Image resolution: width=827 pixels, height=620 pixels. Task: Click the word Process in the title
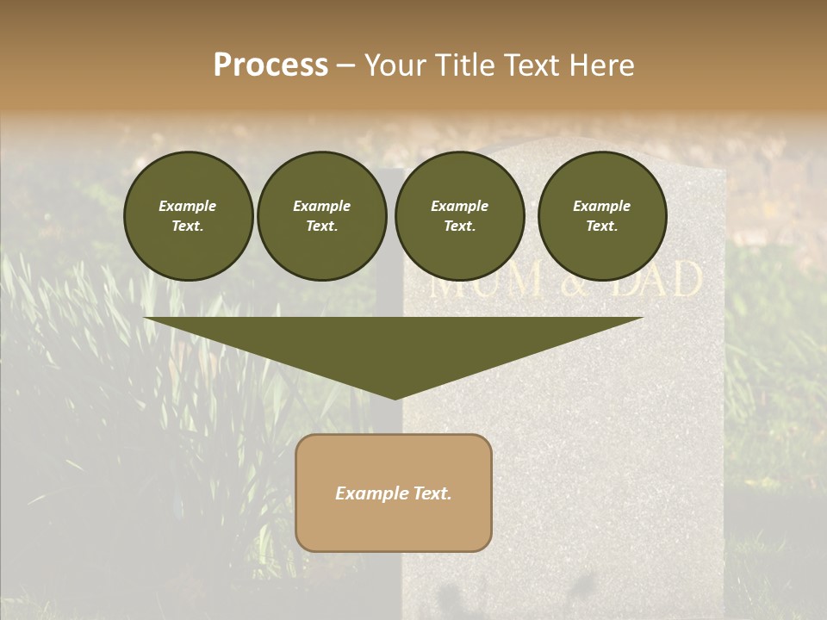[x=270, y=65]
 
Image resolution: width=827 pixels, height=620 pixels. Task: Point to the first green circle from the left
[x=188, y=216]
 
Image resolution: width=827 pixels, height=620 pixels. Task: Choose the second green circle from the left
[x=321, y=216]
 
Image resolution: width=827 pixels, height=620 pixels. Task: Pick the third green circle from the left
[x=459, y=216]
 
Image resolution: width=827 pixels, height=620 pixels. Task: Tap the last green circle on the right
[x=601, y=216]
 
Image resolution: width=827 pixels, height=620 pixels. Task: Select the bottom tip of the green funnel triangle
[x=395, y=397]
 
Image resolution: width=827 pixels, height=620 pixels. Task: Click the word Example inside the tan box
[x=371, y=493]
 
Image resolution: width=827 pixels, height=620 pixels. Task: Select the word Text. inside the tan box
[x=432, y=493]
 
